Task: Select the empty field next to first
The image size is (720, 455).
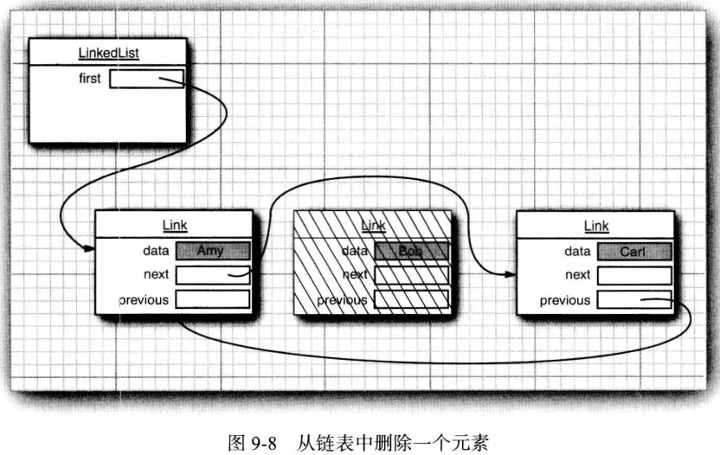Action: pyautogui.click(x=146, y=79)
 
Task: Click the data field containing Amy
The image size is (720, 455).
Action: pyautogui.click(x=212, y=251)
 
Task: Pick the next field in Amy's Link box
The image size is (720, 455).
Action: pyautogui.click(x=212, y=275)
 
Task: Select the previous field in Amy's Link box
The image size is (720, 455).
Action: pyautogui.click(x=212, y=299)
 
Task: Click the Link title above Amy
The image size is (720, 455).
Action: pyautogui.click(x=175, y=226)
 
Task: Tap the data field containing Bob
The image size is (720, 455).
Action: pyautogui.click(x=411, y=251)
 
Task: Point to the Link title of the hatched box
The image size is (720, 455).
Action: pyautogui.click(x=373, y=226)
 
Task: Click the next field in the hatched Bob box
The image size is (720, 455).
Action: pyautogui.click(x=411, y=275)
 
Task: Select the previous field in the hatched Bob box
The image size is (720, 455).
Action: pyautogui.click(x=411, y=299)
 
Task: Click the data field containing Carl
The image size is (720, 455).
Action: pyautogui.click(x=633, y=251)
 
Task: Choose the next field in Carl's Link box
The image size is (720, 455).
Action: pyautogui.click(x=633, y=275)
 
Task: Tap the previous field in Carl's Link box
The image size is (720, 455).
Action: pyautogui.click(x=633, y=299)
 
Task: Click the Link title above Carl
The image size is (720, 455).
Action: pyautogui.click(x=596, y=226)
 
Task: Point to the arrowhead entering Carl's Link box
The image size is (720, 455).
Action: pyautogui.click(x=510, y=275)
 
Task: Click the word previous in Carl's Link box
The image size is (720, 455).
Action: pyautogui.click(x=564, y=300)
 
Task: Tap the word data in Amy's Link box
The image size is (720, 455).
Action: pyautogui.click(x=156, y=252)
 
